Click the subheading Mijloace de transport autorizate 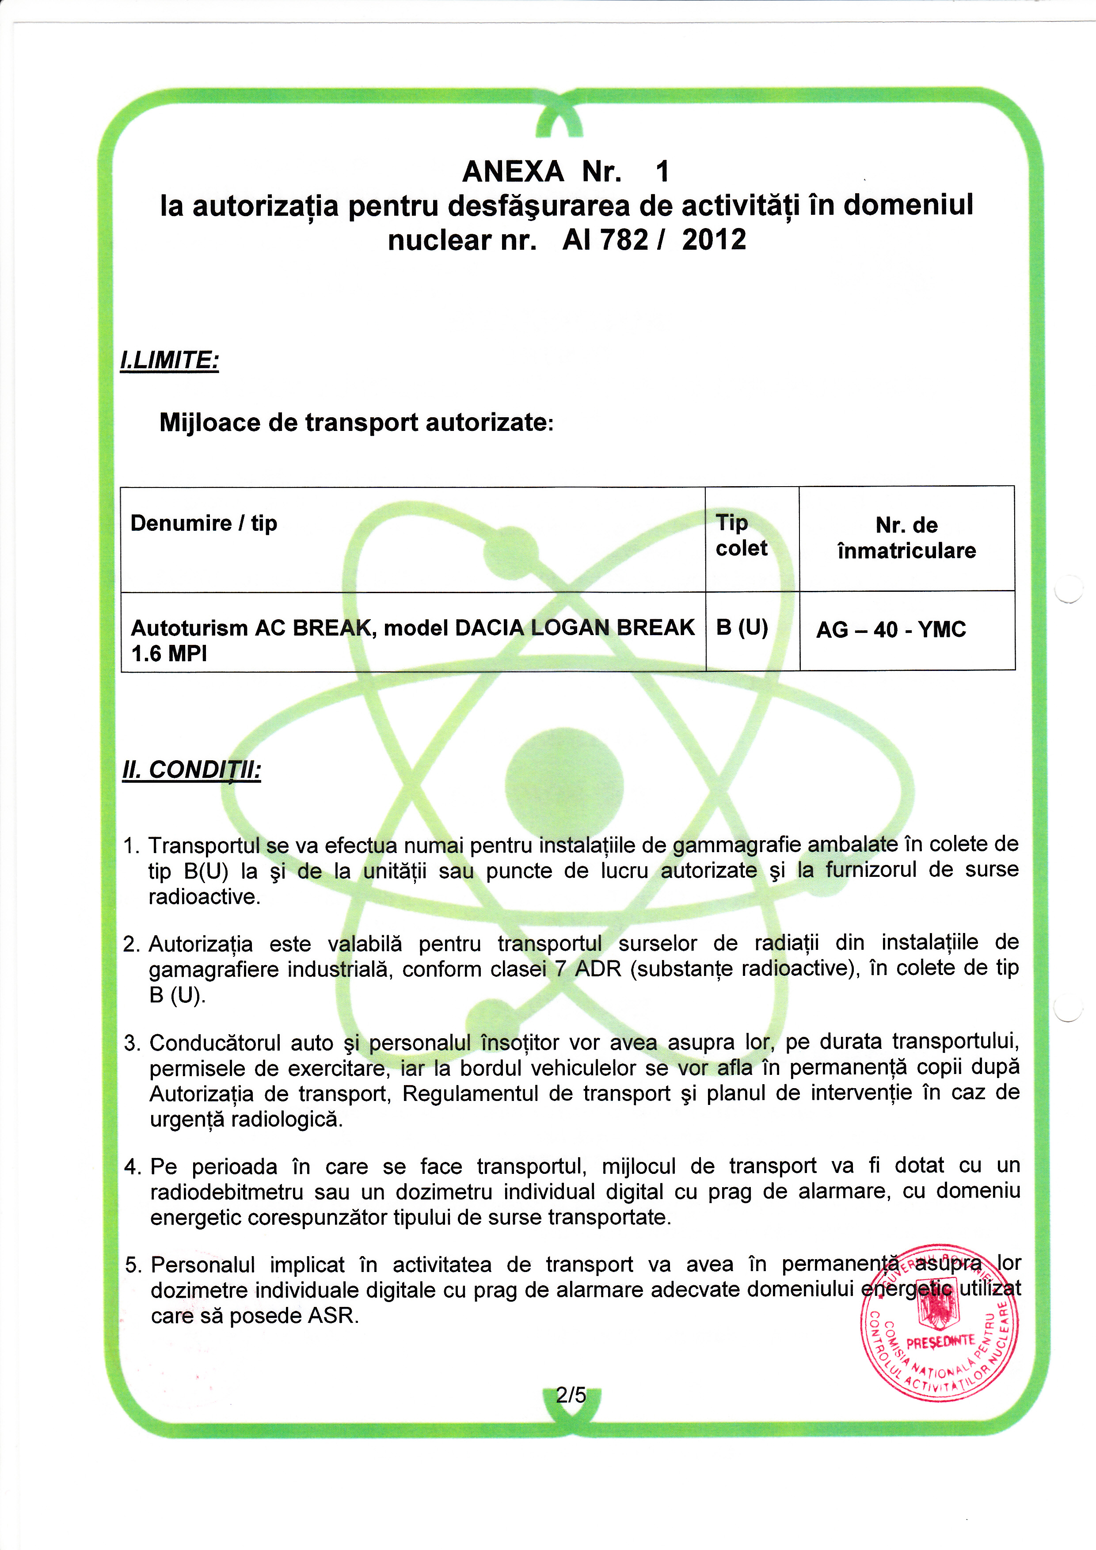pyautogui.click(x=356, y=423)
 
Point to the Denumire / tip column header pyautogui.click(x=203, y=523)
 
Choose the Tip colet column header pyautogui.click(x=741, y=535)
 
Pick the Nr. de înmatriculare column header pyautogui.click(x=906, y=537)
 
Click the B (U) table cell pyautogui.click(x=742, y=628)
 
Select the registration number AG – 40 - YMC pyautogui.click(x=891, y=630)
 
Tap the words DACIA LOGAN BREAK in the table pyautogui.click(x=575, y=628)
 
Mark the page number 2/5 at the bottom pyautogui.click(x=571, y=1395)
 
